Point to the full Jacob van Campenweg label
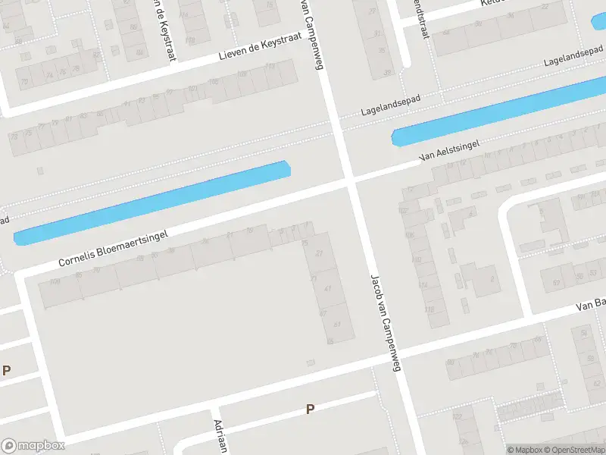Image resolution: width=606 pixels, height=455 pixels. pyautogui.click(x=385, y=323)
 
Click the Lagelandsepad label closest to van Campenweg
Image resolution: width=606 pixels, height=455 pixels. pyautogui.click(x=390, y=104)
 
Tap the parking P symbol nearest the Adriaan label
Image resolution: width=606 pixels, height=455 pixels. pyautogui.click(x=309, y=409)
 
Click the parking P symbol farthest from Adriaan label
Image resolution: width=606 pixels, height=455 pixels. pyautogui.click(x=7, y=371)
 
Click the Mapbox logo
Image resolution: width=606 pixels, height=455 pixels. pyautogui.click(x=33, y=446)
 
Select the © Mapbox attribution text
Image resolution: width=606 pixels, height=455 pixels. pyautogui.click(x=525, y=450)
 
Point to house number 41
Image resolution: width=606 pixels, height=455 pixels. pyautogui.click(x=327, y=289)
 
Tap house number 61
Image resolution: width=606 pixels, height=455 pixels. pyautogui.click(x=337, y=325)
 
